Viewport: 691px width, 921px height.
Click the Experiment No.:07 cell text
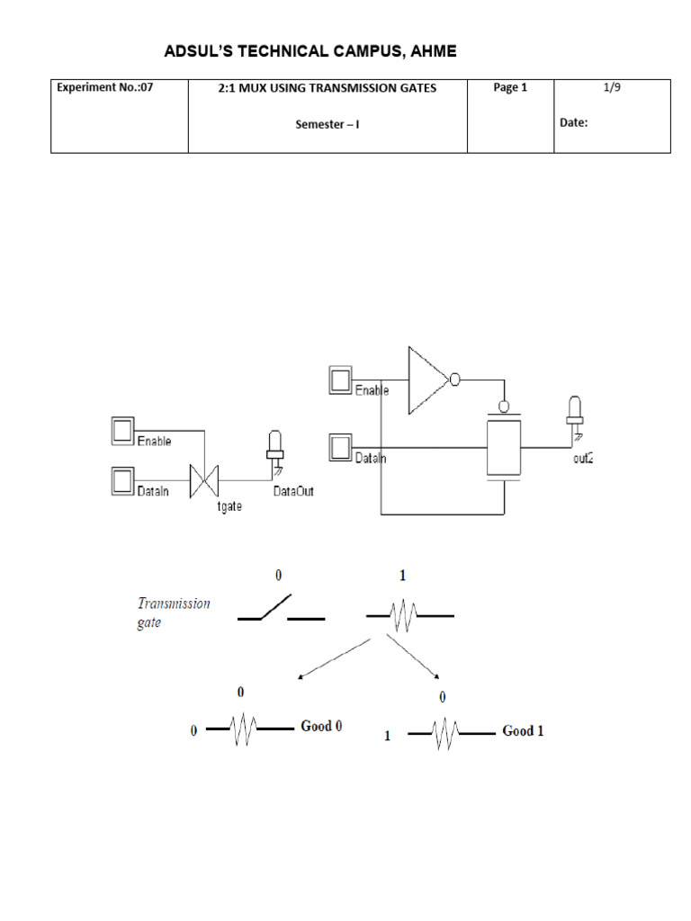[104, 87]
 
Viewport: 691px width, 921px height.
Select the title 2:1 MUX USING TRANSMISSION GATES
[328, 88]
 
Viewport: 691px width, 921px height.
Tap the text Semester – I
[328, 124]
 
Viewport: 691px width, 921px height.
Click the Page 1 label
[510, 87]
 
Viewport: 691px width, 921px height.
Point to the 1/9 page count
[612, 87]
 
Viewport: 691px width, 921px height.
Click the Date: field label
[573, 122]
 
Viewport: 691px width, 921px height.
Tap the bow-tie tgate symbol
[204, 481]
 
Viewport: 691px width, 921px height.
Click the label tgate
[229, 506]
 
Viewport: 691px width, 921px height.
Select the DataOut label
[293, 491]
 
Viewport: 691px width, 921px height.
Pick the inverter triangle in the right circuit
[428, 380]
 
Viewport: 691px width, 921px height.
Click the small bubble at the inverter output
[454, 380]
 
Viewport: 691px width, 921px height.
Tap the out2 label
[583, 458]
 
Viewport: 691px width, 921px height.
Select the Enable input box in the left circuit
[122, 431]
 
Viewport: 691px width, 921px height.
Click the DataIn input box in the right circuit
[340, 448]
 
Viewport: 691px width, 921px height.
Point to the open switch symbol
[281, 608]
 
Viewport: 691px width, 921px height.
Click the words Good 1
[523, 730]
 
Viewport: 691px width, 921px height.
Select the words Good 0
[321, 726]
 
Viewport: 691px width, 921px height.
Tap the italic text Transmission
[174, 604]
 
